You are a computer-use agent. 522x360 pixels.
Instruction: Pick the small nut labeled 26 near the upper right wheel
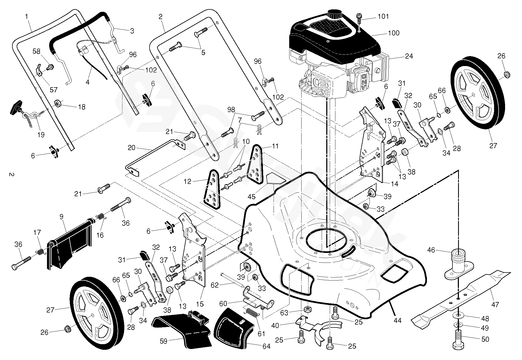point(507,74)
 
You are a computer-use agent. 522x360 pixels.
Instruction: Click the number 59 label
point(163,341)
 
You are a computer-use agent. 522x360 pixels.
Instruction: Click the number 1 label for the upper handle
point(27,16)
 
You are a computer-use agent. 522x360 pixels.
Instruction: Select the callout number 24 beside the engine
point(409,56)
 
